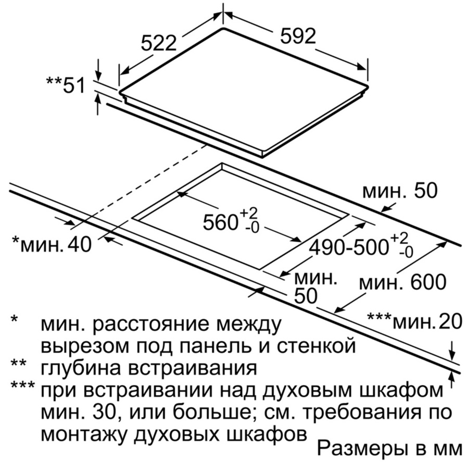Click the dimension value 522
pos(159,43)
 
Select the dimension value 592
pos(298,36)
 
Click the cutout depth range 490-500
pos(348,247)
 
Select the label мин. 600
pos(402,282)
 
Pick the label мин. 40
pos(52,244)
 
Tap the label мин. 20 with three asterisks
pos(414,322)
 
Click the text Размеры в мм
pos(389,449)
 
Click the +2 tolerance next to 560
pos(249,213)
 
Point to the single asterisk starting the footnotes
pos(15,319)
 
